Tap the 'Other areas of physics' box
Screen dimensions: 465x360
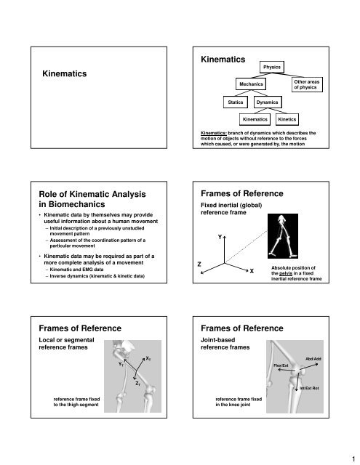pos(305,86)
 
